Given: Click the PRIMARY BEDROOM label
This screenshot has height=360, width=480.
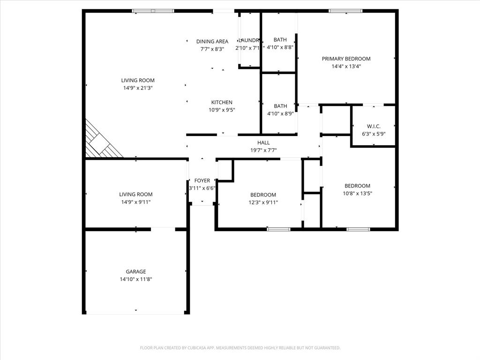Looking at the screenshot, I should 346,59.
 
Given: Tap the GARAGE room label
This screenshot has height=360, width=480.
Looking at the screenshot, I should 135,271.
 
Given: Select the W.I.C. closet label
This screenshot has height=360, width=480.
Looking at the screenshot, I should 374,127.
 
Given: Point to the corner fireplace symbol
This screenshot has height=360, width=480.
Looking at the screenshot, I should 101,141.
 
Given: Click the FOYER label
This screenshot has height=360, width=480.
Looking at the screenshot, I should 202,180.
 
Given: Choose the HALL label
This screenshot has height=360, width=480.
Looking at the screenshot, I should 263,142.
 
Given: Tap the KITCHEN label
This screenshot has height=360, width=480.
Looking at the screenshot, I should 222,102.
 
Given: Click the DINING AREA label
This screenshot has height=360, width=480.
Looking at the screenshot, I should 212,41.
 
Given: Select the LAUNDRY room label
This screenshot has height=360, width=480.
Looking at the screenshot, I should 248,40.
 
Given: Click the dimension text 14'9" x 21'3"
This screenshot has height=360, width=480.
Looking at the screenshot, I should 138,88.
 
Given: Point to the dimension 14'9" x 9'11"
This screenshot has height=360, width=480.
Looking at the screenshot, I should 135,202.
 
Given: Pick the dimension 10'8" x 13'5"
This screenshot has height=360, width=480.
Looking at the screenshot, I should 357,193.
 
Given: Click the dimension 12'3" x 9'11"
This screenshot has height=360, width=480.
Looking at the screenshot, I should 263,202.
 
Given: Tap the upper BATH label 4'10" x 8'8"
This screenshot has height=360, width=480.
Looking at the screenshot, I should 280,40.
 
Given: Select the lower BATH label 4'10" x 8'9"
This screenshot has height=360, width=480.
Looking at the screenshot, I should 280,106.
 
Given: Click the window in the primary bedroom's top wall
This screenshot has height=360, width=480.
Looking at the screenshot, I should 345,11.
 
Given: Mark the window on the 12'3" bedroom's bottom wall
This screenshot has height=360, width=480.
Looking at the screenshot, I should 278,229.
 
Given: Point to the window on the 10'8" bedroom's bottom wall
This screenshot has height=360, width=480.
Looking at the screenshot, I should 358,229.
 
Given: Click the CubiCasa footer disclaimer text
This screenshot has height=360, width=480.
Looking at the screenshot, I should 240,348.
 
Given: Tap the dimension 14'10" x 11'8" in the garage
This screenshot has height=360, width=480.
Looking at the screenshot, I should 135,279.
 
